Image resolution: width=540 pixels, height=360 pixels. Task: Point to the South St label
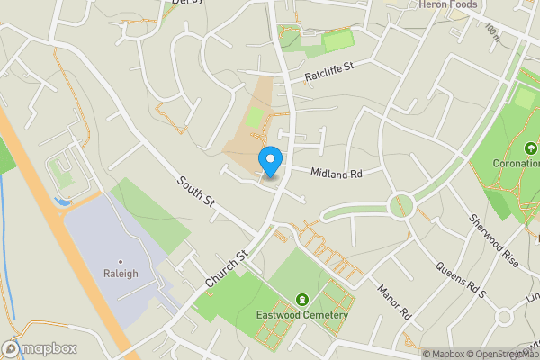(194, 193)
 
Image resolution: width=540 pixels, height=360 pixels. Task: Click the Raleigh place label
(121, 274)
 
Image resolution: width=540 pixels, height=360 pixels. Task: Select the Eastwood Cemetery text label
(302, 314)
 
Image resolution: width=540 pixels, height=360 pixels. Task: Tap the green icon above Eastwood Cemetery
(302, 299)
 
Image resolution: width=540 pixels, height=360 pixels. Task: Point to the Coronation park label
(516, 164)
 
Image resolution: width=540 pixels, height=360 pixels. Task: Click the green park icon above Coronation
(530, 148)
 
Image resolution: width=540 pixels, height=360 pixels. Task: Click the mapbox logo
(40, 348)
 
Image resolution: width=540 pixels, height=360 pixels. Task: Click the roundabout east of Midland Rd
(402, 205)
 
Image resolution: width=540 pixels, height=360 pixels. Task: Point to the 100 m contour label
(492, 34)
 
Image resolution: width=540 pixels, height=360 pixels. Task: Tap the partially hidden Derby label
(186, 3)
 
